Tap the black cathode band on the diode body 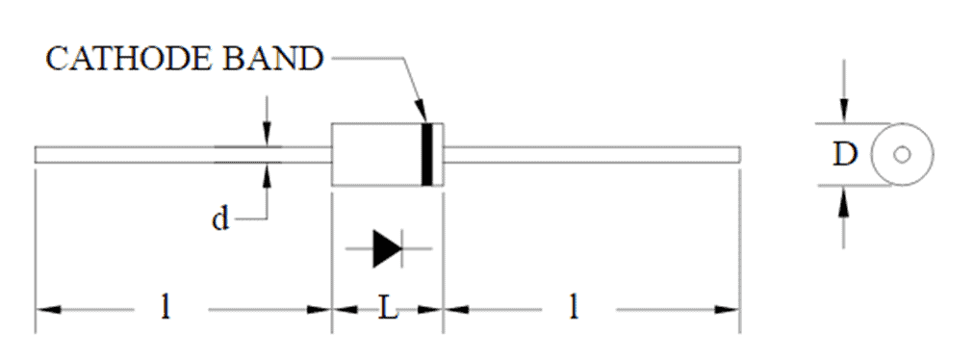[427, 154]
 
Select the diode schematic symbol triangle [386, 248]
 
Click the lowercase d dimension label [220, 219]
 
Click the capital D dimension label [844, 155]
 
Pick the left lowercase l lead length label [166, 308]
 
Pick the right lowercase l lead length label [574, 308]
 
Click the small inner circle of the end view [902, 155]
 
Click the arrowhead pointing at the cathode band [421, 115]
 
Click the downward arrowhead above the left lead [268, 137]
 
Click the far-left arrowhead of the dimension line [44, 309]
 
